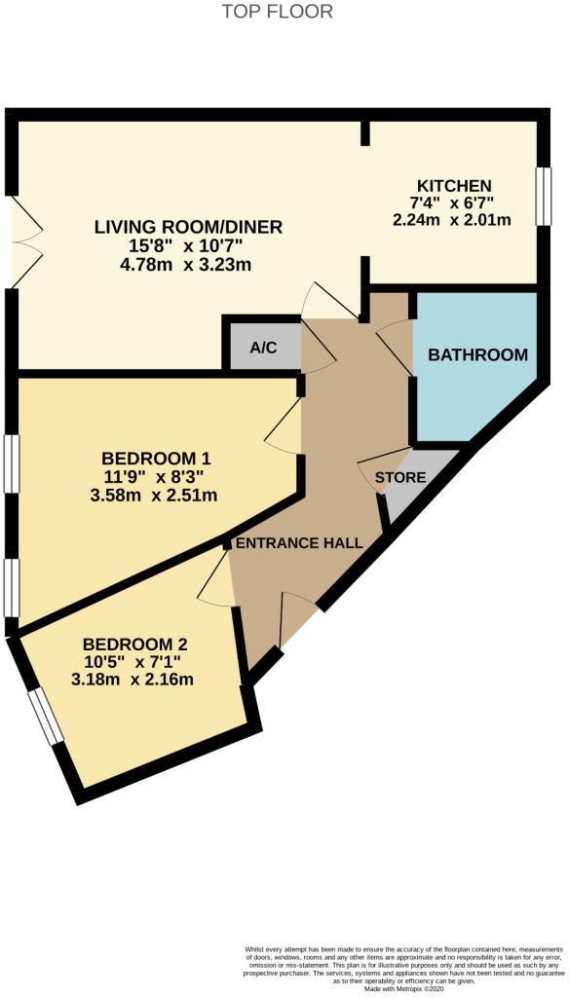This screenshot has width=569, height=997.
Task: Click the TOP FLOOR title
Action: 278,12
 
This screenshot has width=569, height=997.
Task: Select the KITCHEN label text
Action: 454,185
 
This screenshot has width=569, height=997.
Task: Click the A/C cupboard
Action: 263,348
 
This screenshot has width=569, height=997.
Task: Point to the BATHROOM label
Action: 478,354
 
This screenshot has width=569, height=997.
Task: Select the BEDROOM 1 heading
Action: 156,458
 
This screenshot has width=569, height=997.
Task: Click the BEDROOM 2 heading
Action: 134,644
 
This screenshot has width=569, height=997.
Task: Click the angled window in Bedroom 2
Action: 45,715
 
